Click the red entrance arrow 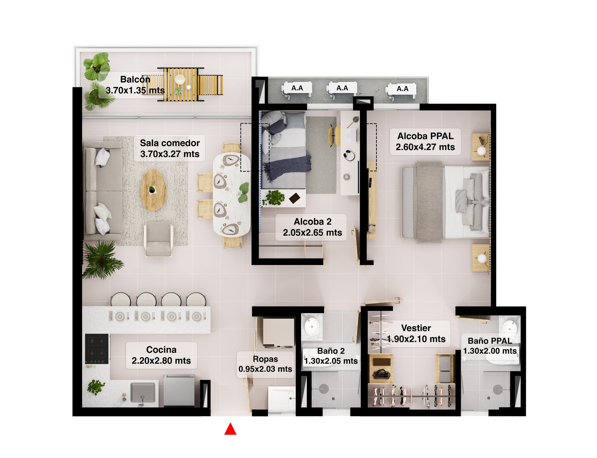tap(230, 429)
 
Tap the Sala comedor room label tap(170, 148)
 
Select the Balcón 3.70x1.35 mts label tap(135, 85)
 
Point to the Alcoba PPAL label tap(425, 142)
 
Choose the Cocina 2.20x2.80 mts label tap(161, 355)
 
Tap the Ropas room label tap(265, 364)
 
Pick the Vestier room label tap(416, 333)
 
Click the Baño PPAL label tap(490, 346)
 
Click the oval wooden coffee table tap(153, 190)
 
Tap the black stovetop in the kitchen tap(97, 349)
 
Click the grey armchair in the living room tap(158, 240)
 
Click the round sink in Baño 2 tap(311, 326)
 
